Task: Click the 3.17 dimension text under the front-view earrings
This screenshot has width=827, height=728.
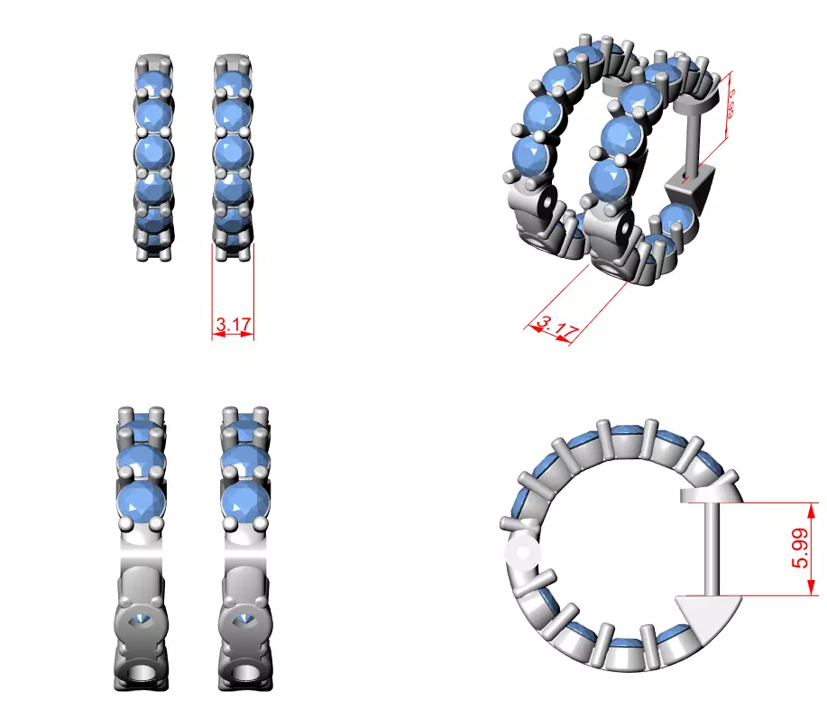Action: [x=234, y=322]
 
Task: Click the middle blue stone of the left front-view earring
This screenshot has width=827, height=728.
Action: [x=154, y=151]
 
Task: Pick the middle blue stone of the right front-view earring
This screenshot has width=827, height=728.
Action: [x=234, y=151]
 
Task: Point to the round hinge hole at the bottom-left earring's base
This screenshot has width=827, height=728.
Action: [x=142, y=676]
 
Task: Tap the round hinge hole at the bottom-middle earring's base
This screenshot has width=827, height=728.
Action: [x=244, y=676]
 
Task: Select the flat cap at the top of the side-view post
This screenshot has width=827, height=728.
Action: [x=707, y=495]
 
